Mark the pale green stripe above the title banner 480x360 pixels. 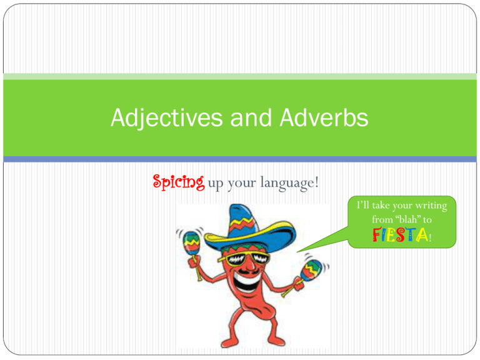[x=240, y=76]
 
